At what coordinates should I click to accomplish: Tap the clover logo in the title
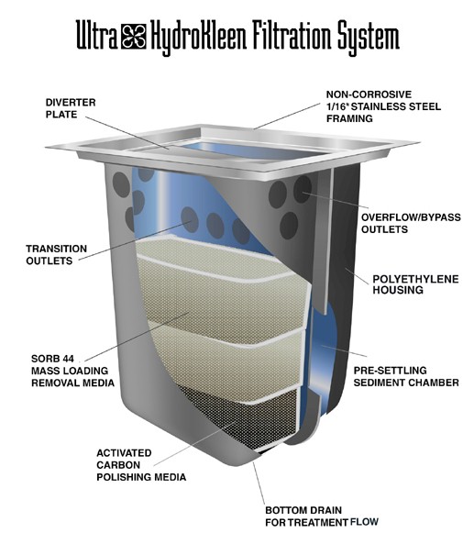pyautogui.click(x=133, y=36)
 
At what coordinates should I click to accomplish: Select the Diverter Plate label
pyautogui.click(x=71, y=108)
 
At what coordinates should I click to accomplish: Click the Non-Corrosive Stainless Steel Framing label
pyautogui.click(x=383, y=106)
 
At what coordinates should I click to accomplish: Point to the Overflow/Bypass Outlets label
pyautogui.click(x=411, y=223)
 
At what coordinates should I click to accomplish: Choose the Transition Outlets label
pyautogui.click(x=56, y=254)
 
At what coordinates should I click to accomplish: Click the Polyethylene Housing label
pyautogui.click(x=415, y=284)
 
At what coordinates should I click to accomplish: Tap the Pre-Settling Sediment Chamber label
pyautogui.click(x=406, y=376)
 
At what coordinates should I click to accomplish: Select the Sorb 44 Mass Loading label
pyautogui.click(x=72, y=371)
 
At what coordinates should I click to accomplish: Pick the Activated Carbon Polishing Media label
pyautogui.click(x=141, y=465)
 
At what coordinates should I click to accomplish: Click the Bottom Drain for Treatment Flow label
pyautogui.click(x=322, y=516)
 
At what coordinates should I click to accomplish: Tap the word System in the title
pyautogui.click(x=369, y=38)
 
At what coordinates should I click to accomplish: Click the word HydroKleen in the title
pyautogui.click(x=198, y=38)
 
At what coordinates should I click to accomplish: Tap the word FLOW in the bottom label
pyautogui.click(x=364, y=522)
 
